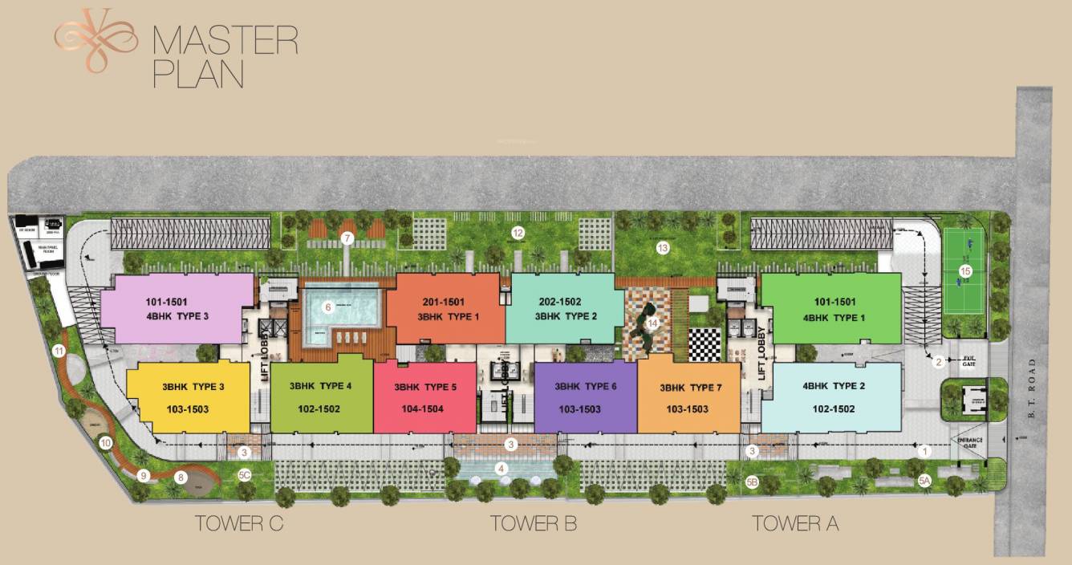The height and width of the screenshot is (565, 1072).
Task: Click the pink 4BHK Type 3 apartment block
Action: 177,309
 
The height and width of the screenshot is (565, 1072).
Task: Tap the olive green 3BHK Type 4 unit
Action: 321,397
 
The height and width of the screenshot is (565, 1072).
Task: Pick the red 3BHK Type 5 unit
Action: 424,398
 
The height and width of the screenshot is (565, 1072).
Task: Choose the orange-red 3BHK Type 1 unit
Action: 445,309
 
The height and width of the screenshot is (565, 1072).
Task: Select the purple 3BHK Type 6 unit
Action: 585,398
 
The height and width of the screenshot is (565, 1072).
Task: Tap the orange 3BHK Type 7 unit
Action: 689,398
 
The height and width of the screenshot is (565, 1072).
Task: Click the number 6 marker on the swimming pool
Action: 327,307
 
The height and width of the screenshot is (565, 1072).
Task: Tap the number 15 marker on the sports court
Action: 965,271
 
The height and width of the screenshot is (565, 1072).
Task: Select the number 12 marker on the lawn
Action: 518,233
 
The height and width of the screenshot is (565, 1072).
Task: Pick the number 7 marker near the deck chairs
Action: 347,238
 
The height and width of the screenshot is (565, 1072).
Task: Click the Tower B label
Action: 534,524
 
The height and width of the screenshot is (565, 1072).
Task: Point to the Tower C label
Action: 240,524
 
